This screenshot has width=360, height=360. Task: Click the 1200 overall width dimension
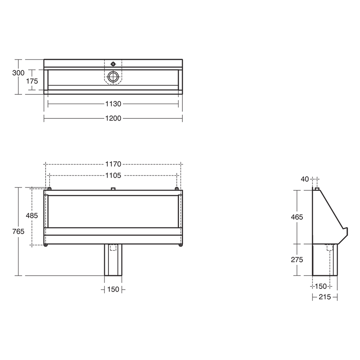(113, 118)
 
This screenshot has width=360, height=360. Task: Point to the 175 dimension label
(32, 81)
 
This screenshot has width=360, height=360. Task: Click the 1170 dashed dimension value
(113, 164)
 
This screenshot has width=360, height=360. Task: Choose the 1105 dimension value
(113, 175)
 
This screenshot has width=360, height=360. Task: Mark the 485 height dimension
(32, 216)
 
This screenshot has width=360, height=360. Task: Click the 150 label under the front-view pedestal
(113, 289)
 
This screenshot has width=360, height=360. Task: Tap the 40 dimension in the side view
(305, 179)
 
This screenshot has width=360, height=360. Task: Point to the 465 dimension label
(297, 217)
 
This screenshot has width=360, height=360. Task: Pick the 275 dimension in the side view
(297, 260)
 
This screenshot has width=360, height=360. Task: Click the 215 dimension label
(324, 297)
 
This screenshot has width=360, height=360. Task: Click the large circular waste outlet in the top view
(114, 76)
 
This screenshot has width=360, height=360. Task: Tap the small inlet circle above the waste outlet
(114, 64)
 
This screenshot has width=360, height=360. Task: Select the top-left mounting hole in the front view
(49, 189)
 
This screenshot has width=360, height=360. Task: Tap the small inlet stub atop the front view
(113, 188)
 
